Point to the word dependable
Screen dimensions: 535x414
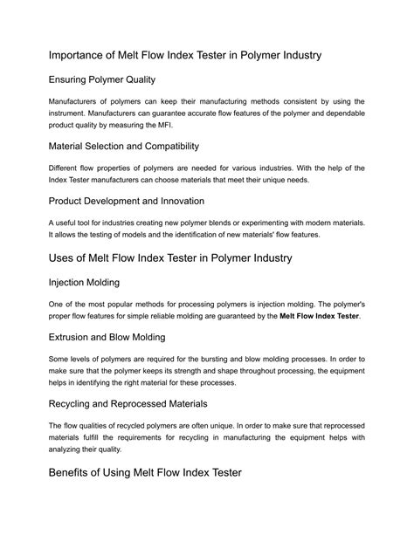click(x=339, y=112)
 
